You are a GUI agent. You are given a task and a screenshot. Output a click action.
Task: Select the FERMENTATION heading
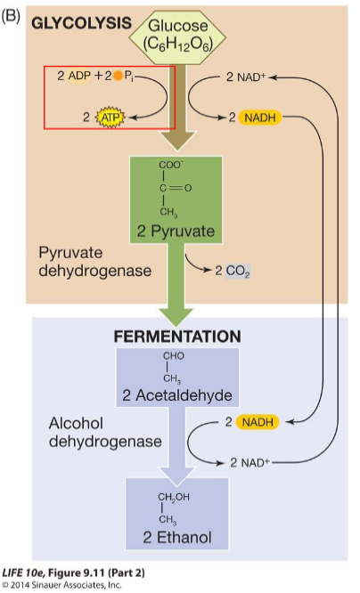[x=176, y=337]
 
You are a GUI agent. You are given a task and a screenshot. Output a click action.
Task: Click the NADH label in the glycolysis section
[x=264, y=116]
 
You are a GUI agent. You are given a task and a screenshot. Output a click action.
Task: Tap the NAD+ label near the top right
[x=250, y=77]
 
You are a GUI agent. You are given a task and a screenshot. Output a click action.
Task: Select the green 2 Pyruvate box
[x=176, y=200]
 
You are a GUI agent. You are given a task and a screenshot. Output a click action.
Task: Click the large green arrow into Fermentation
[x=176, y=297]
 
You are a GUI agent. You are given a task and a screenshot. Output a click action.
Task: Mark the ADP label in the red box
[x=79, y=77]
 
